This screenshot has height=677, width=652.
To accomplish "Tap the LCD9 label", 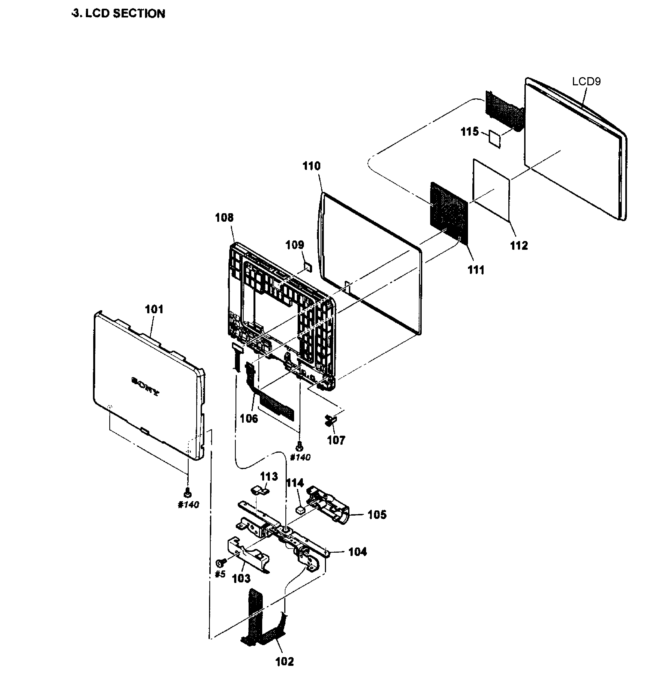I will point(586,82).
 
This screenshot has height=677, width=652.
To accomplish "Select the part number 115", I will point(469,132).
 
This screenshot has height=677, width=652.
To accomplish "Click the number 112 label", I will point(519,246).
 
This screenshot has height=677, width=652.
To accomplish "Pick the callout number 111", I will point(476,270).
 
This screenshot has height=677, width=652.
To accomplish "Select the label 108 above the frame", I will point(224,218).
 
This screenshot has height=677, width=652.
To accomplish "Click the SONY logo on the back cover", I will point(145,386).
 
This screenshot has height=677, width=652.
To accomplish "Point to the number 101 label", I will point(154,309).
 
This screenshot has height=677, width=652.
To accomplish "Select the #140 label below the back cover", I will point(188,505).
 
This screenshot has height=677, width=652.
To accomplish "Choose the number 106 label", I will point(249,419).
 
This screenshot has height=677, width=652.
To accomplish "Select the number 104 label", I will point(357,552).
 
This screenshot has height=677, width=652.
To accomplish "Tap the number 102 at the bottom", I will point(284,661).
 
